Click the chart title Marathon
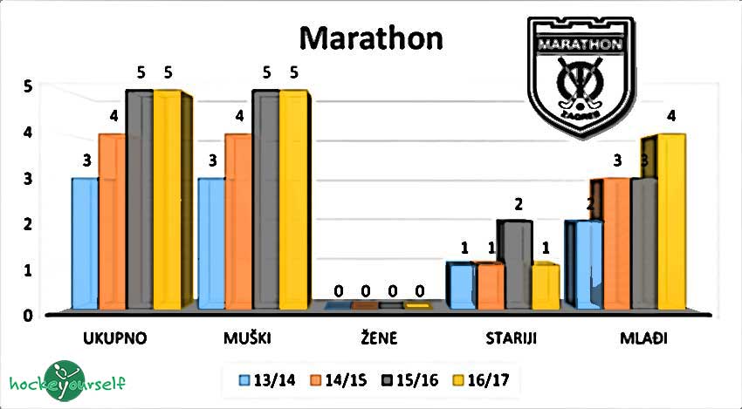click(371, 38)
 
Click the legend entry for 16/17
click(475, 380)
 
